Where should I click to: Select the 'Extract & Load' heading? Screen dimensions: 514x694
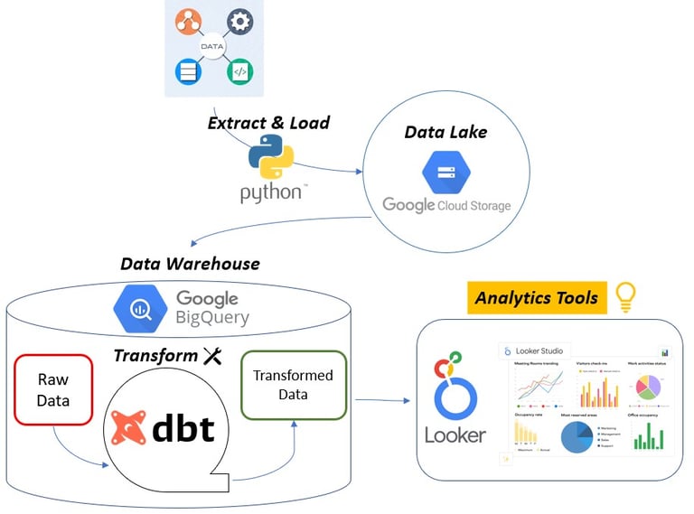268,122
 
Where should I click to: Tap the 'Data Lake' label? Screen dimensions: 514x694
445,132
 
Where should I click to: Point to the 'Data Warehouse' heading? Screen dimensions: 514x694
190,264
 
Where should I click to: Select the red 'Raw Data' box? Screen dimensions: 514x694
53,389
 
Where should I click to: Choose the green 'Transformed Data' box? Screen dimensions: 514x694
293,385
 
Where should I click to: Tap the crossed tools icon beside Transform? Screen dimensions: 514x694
212,356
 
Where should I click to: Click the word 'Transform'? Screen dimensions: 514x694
155,356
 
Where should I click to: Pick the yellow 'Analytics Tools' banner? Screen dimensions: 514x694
537,297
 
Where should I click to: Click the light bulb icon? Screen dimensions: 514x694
624,297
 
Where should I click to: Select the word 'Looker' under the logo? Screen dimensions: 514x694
455,435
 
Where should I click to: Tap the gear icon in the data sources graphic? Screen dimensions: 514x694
239,22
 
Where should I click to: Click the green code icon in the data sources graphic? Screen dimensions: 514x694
239,71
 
